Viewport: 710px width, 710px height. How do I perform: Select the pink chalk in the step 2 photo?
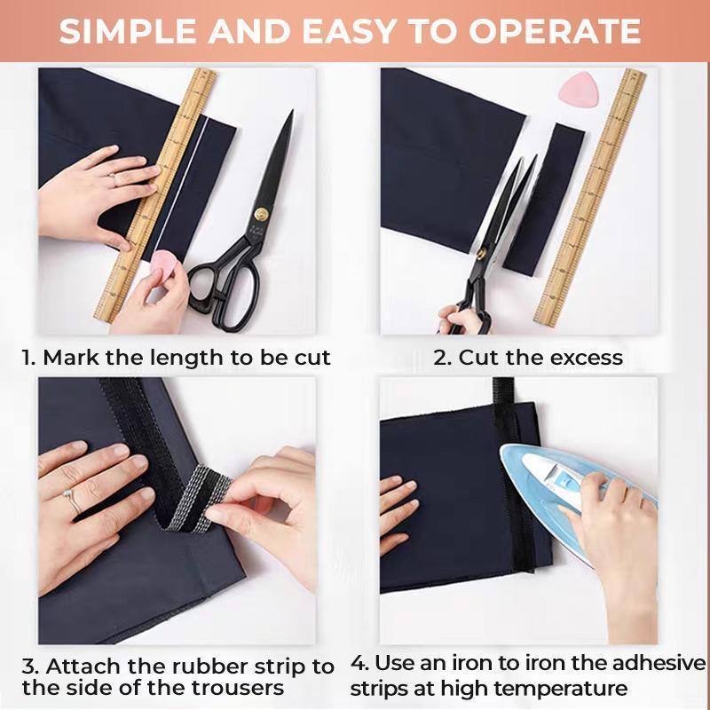pyautogui.click(x=578, y=87)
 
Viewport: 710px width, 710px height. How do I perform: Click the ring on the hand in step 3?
pyautogui.click(x=69, y=499)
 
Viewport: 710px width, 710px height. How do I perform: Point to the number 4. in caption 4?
pyautogui.click(x=359, y=663)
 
